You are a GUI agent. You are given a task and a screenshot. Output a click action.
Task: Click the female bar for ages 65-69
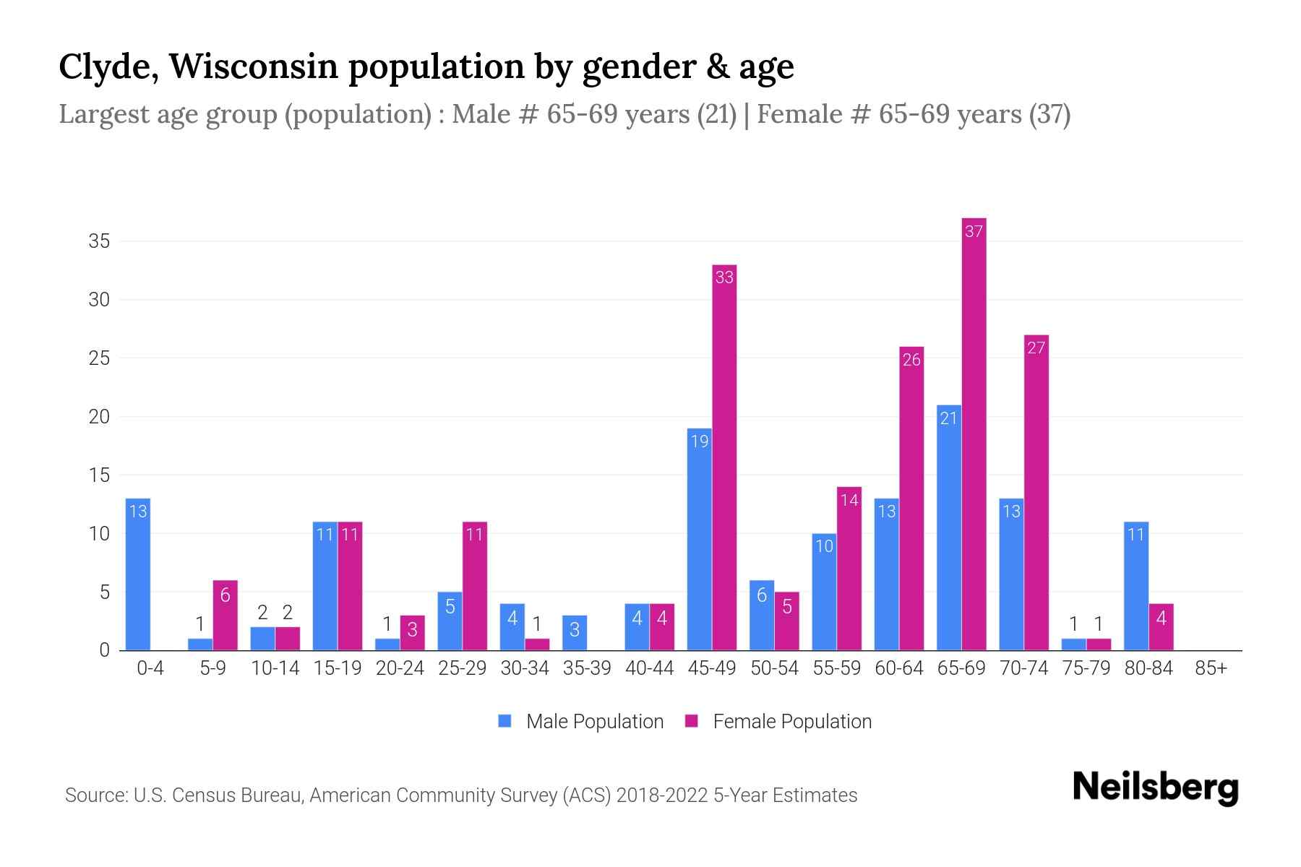point(974,433)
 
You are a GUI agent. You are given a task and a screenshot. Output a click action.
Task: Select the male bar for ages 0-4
point(137,574)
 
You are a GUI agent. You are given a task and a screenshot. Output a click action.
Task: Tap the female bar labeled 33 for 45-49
point(724,457)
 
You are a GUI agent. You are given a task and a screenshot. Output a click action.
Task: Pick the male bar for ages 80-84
point(1136,586)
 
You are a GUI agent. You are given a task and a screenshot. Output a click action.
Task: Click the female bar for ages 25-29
point(475,586)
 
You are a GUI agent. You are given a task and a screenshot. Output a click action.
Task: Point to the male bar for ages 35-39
point(575,633)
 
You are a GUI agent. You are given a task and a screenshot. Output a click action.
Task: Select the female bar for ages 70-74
point(1036,493)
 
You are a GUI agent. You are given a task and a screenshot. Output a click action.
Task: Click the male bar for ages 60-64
point(886,574)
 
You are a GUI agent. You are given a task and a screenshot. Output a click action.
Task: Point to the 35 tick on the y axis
point(99,241)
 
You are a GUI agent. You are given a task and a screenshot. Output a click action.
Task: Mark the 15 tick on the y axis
point(99,475)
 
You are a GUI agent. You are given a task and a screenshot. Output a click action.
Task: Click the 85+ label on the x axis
point(1211,668)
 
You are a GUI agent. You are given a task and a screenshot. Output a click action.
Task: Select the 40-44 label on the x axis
point(649,668)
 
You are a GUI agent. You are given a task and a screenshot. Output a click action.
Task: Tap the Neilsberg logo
point(1155,788)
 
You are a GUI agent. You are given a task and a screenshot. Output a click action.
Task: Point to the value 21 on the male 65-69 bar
point(948,418)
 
